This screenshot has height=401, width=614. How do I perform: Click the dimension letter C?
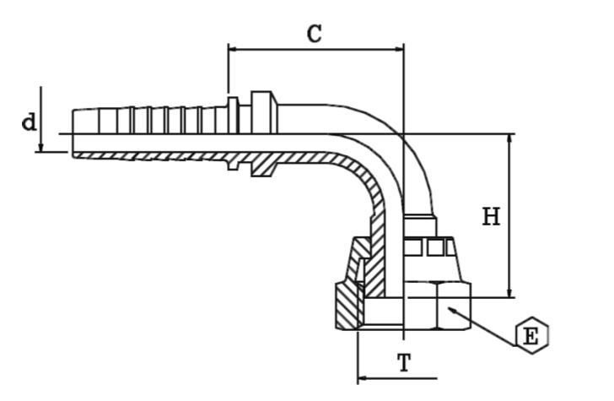pos(314,33)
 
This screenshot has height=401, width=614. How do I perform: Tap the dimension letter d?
pos(29,122)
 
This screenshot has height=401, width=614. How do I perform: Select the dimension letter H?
pos(491,217)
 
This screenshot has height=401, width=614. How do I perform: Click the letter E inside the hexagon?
pos(531,337)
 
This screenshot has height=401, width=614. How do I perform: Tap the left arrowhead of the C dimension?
pos(234,49)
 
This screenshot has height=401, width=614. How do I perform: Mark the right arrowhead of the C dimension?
pos(399,49)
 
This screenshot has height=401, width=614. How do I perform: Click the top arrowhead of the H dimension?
pos(509,139)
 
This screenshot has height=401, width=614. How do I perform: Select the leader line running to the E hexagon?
pos(485,323)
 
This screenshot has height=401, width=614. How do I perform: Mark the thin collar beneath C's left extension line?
pos(230,114)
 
